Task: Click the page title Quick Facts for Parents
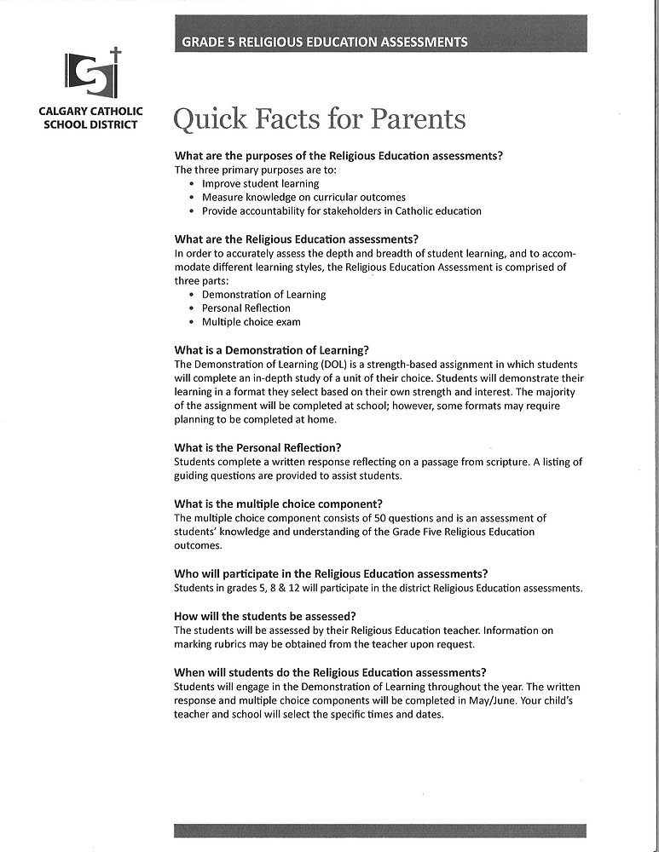coord(319,120)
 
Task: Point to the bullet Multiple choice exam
coord(251,322)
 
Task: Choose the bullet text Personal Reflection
coord(246,308)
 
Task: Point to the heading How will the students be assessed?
coord(264,615)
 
